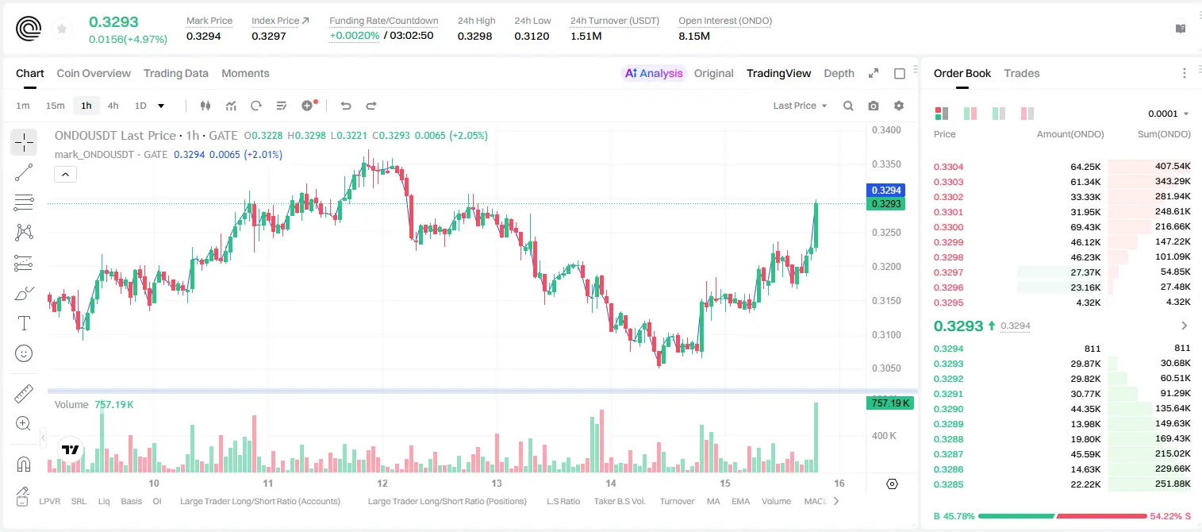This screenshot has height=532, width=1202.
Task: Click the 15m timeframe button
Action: click(56, 106)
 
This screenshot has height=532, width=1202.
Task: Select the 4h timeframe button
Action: click(113, 106)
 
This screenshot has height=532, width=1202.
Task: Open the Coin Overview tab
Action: click(94, 73)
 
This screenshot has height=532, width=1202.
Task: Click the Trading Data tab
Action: click(176, 73)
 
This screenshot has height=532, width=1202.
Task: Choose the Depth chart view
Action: click(839, 73)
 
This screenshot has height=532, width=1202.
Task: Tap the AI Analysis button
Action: click(654, 73)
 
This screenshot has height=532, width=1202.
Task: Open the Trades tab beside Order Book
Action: click(1022, 73)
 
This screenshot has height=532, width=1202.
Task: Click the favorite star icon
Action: click(62, 29)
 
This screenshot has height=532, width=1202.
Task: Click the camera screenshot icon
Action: click(874, 106)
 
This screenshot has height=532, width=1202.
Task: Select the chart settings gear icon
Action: click(899, 106)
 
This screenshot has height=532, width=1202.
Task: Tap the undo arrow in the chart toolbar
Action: click(346, 106)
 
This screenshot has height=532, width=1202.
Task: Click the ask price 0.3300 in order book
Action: click(948, 227)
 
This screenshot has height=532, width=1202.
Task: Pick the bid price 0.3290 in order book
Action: click(948, 409)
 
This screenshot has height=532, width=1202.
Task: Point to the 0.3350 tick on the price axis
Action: click(886, 164)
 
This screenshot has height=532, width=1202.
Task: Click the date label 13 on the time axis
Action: click(497, 483)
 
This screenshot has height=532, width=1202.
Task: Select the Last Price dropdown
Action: click(800, 106)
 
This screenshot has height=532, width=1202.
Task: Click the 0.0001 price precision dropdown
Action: click(1168, 114)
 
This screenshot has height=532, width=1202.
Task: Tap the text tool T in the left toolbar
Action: click(24, 323)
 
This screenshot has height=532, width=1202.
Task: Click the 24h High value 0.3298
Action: click(474, 36)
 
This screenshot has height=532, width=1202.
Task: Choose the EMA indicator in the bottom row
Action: click(740, 501)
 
